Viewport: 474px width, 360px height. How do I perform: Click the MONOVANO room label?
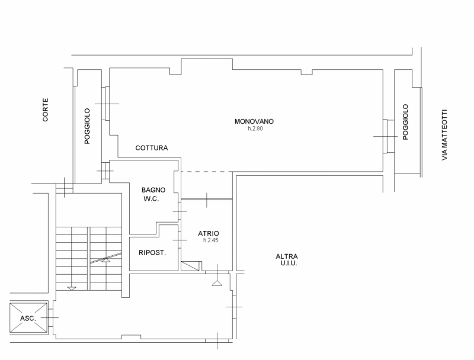254,121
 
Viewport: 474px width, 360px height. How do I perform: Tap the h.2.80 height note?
255,128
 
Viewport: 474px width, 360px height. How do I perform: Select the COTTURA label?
152,147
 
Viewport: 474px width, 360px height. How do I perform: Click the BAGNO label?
153,190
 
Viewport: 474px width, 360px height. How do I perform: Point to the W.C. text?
151,199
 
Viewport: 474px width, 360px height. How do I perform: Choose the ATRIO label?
209,233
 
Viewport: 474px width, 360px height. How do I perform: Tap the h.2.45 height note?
211,240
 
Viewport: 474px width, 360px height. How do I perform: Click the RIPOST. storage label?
152,252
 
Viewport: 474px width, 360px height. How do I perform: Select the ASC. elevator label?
28,318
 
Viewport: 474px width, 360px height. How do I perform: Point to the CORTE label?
46,110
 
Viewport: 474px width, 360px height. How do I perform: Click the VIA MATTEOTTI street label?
444,134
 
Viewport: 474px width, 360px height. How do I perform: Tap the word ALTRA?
287,256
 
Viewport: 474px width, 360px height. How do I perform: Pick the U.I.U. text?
289,263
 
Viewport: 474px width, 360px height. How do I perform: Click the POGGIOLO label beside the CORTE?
87,126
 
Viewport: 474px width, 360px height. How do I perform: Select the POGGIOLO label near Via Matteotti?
405,122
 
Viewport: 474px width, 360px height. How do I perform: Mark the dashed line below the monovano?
207,172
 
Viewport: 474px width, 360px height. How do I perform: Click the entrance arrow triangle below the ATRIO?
217,282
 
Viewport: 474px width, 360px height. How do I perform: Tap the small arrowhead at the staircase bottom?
72,288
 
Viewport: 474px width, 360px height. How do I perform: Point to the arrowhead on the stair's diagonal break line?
106,260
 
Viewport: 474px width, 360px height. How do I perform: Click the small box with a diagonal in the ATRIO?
190,266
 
